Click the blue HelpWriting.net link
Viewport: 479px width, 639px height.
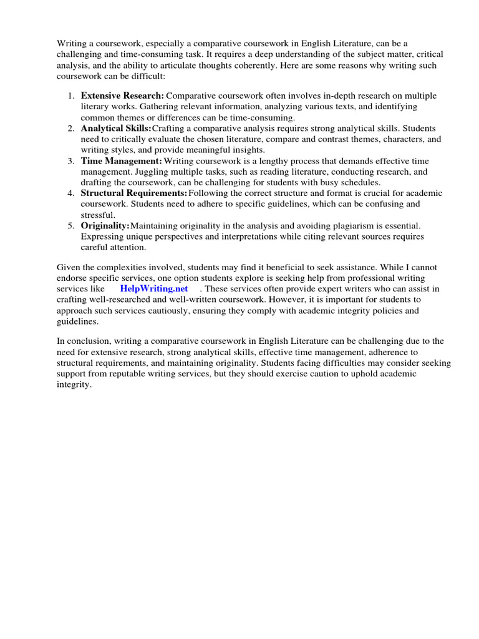[154, 289]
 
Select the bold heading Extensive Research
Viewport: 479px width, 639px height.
[122, 95]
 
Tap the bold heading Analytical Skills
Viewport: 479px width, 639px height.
[115, 128]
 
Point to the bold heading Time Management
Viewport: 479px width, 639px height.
[121, 160]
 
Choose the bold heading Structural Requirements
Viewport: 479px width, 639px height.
[133, 193]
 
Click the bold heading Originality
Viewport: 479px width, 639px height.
[105, 225]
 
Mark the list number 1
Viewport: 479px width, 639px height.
[70, 95]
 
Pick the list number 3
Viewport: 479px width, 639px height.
[70, 160]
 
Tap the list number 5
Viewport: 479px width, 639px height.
[70, 225]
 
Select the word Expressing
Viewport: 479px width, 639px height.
[103, 237]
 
